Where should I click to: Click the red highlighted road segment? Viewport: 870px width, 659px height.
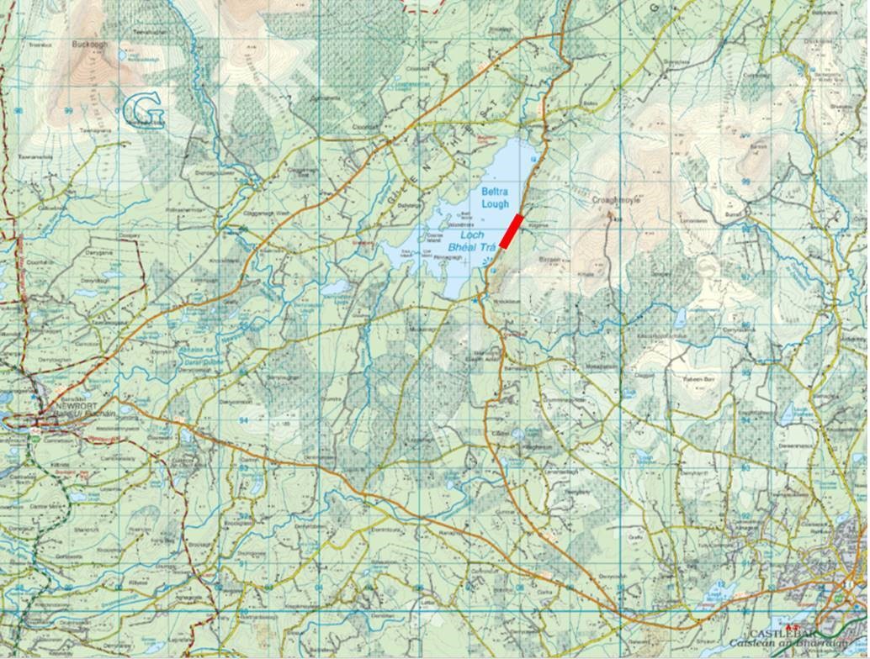coord(512,231)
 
